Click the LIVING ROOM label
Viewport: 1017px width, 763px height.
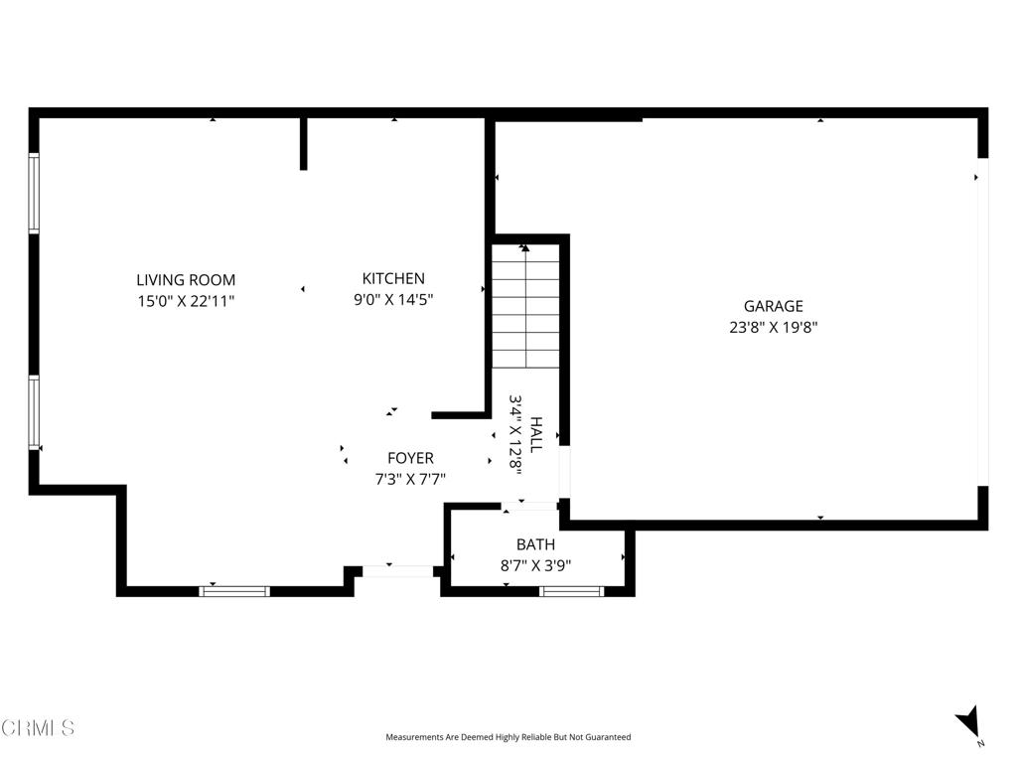click(x=186, y=280)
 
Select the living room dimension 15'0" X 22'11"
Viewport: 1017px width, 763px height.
click(x=186, y=300)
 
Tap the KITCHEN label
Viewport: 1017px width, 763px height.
click(x=393, y=278)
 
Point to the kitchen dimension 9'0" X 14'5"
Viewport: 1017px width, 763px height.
click(x=393, y=298)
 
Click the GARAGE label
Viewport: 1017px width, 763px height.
click(x=773, y=306)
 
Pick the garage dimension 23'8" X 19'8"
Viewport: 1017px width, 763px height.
click(x=773, y=326)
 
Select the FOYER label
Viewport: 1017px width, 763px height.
click(x=410, y=458)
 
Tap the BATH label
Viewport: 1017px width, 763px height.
click(x=535, y=544)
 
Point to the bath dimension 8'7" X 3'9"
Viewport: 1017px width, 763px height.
click(x=535, y=565)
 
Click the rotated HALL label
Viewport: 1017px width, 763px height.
click(x=536, y=435)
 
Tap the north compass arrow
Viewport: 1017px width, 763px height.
click(x=968, y=723)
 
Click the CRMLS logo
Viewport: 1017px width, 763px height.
click(x=38, y=728)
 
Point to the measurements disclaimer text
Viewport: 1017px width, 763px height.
click(x=508, y=737)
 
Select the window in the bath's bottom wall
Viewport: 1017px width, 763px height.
click(x=571, y=591)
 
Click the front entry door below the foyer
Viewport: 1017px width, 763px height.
click(x=397, y=571)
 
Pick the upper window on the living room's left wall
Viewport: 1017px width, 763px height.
click(x=34, y=193)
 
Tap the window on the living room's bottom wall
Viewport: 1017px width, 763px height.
click(x=234, y=591)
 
